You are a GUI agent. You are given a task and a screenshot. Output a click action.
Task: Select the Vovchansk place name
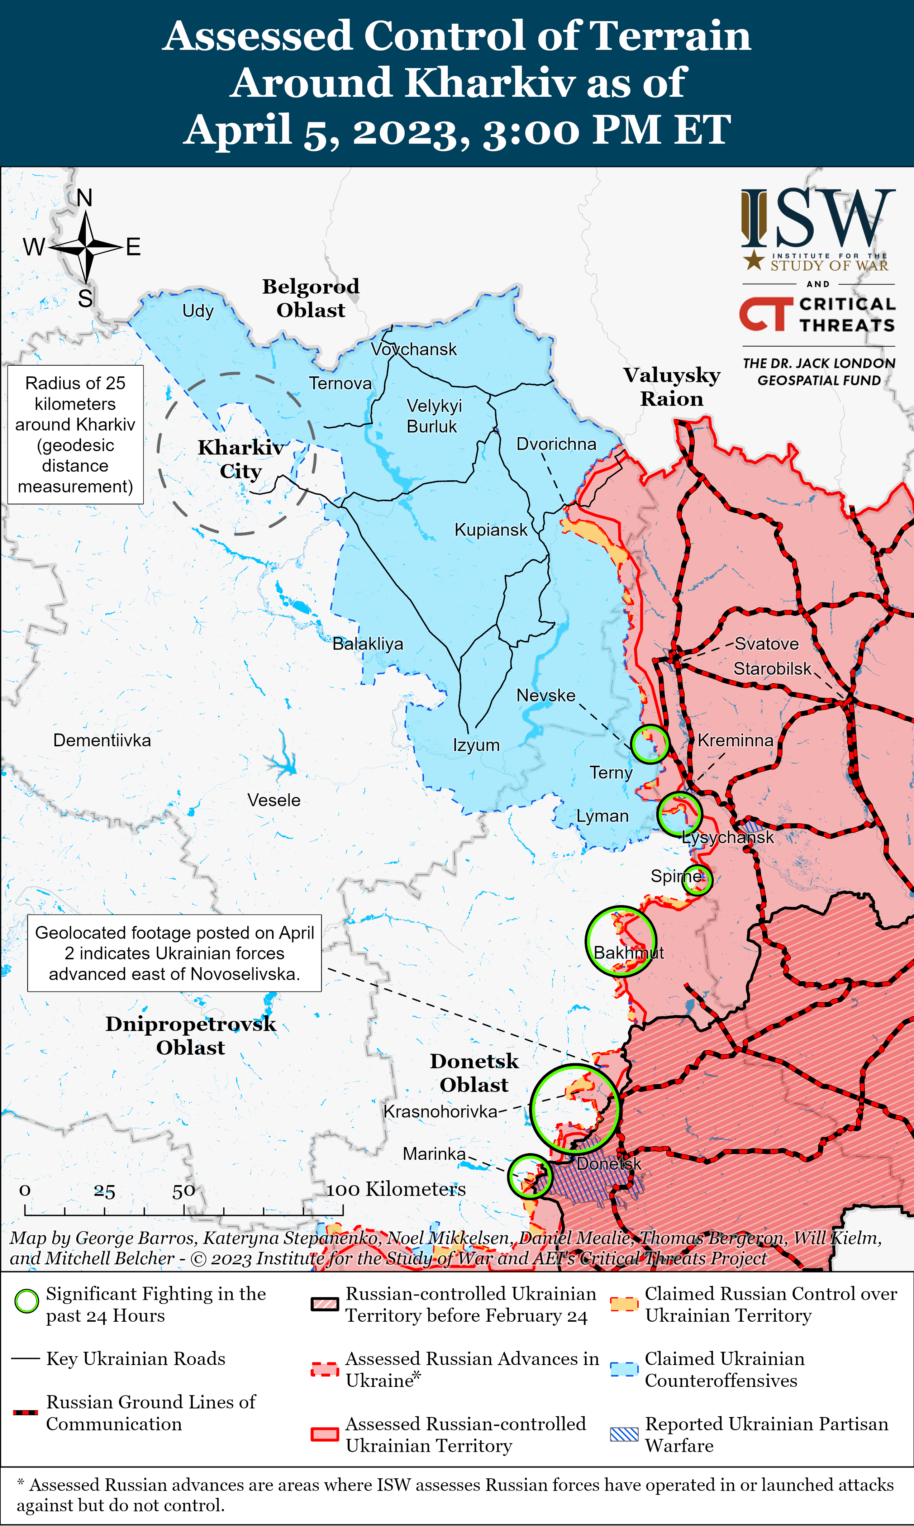click(x=414, y=349)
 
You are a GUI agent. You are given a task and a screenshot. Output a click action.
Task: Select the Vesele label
click(x=274, y=800)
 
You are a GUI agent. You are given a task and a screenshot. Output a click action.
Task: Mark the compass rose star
click(x=86, y=247)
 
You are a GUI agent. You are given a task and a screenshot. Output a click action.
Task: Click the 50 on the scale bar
click(x=184, y=1190)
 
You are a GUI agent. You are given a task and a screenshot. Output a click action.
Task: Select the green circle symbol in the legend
click(x=27, y=1301)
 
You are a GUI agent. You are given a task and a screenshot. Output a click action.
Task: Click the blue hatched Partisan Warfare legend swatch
click(x=624, y=1434)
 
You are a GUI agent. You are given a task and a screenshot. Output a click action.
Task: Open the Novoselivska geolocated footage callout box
click(x=174, y=953)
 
